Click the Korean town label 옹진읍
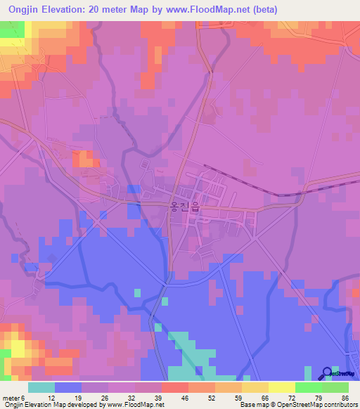pos(185,208)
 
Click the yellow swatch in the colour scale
pos(281,387)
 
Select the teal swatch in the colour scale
pos(41,387)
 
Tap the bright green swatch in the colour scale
pos(308,387)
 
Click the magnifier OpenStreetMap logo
pos(326,374)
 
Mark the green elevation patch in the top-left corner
pos(11,29)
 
